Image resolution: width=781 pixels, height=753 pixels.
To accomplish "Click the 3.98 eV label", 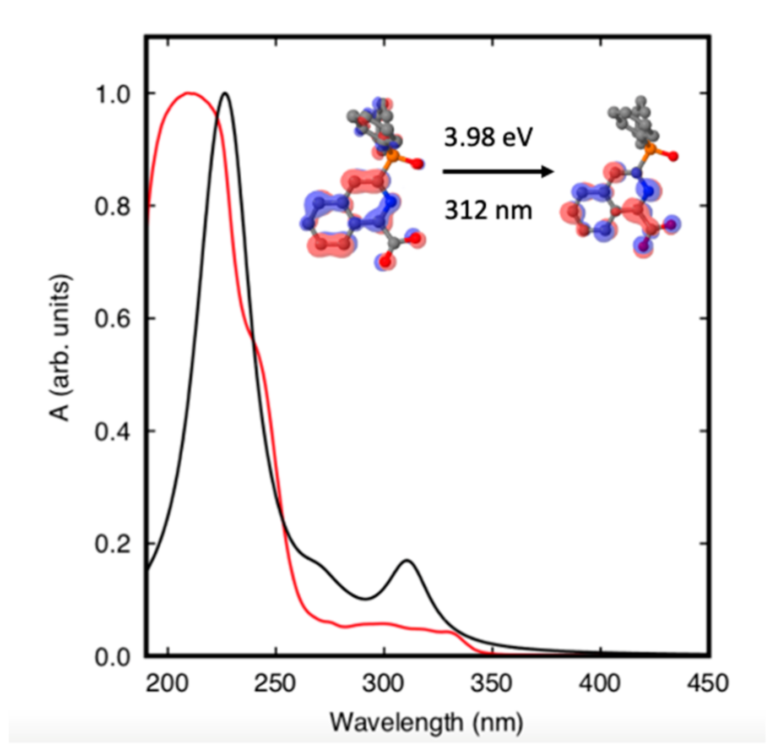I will coord(488,137).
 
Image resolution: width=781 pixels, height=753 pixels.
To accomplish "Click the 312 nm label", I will coord(488,210).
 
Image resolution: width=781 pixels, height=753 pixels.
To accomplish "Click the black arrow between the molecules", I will coord(498,172).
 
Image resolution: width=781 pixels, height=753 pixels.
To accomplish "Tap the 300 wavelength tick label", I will coord(384,683).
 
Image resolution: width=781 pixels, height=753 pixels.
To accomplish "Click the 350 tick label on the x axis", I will coord(492,683).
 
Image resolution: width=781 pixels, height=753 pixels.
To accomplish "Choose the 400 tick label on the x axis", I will coord(600,683).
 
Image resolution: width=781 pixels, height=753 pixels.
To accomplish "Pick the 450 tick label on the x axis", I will coord(707,683).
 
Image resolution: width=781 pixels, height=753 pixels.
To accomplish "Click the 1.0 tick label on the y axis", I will coord(113,94).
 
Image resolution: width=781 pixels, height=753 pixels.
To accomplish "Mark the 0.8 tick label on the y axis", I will coord(113,206).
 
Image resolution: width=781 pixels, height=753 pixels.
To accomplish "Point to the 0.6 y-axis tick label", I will coord(113,319).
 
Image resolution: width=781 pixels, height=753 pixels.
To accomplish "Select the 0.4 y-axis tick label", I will coord(113,432).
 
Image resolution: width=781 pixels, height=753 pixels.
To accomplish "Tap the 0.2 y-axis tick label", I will coord(113,544).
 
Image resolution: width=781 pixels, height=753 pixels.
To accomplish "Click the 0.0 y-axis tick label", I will coord(113,657).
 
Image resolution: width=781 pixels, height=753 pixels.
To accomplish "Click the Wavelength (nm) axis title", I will coord(426,722).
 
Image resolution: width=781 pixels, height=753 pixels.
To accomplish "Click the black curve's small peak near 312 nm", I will coord(407,561).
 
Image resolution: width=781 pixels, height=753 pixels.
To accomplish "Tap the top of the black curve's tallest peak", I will coord(224,93).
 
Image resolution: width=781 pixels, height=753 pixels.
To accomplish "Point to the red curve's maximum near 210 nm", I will coord(189,93).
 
